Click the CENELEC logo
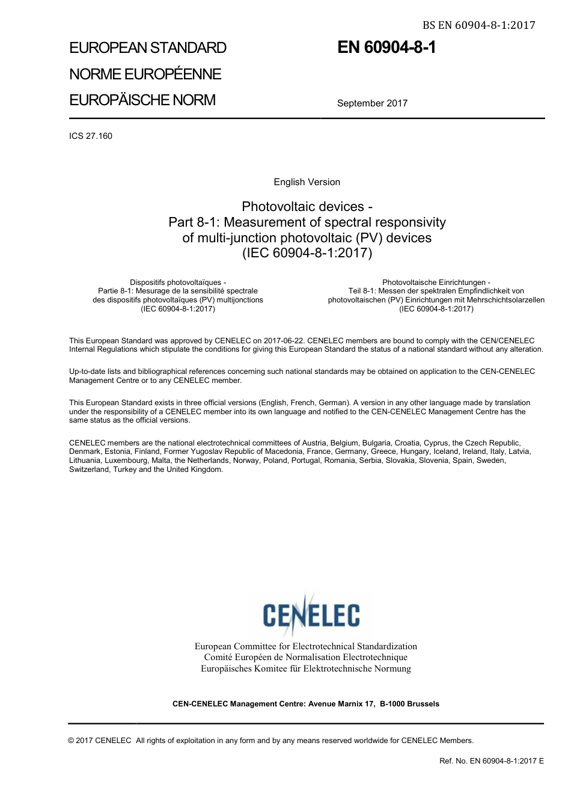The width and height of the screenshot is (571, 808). coord(311,614)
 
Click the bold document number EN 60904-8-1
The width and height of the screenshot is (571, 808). coord(386,48)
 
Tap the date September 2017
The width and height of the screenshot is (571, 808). coord(372,103)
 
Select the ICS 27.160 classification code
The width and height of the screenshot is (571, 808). coord(91,136)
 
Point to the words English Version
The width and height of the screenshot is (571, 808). coord(307,182)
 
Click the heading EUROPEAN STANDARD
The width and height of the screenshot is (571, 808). coord(148,48)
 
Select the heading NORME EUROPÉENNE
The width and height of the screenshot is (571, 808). coord(145,75)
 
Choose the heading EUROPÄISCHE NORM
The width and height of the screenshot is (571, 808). coord(142,100)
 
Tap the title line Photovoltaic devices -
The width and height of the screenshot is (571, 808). coord(307,207)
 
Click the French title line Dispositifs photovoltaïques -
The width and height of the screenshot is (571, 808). coord(178,282)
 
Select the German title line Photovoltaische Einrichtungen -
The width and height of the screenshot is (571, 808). coord(436,282)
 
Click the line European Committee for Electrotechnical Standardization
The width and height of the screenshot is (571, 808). coord(305,646)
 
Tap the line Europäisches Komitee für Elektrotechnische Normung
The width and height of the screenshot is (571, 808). coord(305,669)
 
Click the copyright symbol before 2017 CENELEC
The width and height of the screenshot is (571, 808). coord(72,741)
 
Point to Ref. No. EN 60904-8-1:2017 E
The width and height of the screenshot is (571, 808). coord(491,761)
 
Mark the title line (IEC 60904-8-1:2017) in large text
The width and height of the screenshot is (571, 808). coord(307,253)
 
